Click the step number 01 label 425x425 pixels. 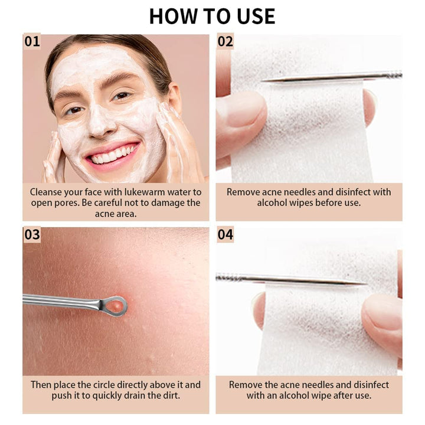pos(32,41)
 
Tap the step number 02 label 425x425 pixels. pos(225,41)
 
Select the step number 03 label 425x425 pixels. pos(32,234)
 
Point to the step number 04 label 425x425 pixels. pos(225,234)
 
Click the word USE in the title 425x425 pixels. pos(256,17)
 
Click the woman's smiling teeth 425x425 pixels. pos(113,155)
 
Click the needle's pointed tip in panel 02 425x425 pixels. pos(262,80)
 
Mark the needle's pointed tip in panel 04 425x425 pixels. pos(367,284)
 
